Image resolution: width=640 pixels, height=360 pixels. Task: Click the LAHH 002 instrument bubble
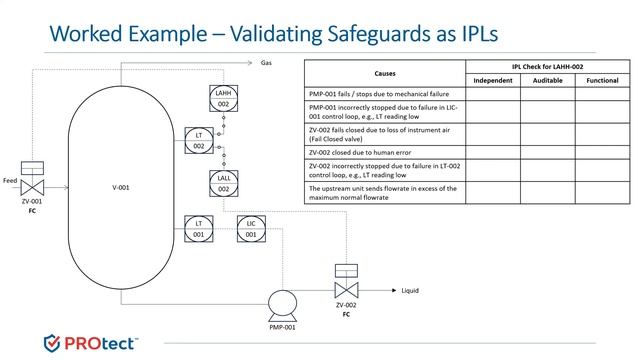pyautogui.click(x=224, y=97)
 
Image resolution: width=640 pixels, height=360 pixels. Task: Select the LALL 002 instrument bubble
pyautogui.click(x=224, y=182)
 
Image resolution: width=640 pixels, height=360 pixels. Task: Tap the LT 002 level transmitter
pyautogui.click(x=199, y=140)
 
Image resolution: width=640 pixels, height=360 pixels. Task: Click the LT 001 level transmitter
pyautogui.click(x=199, y=227)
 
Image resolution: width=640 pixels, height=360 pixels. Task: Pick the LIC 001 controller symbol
pyautogui.click(x=251, y=227)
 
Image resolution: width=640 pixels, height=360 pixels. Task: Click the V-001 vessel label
pyautogui.click(x=123, y=187)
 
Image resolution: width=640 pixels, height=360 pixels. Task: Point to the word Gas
pyautogui.click(x=266, y=62)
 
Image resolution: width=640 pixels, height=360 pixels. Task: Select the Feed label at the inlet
pyautogui.click(x=11, y=181)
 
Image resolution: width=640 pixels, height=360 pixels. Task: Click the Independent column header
pyautogui.click(x=493, y=80)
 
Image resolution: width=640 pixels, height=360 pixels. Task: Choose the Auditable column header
pyautogui.click(x=547, y=80)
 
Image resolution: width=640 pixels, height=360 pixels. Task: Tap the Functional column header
pyautogui.click(x=602, y=80)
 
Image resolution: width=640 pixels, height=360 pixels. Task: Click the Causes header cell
pyautogui.click(x=385, y=73)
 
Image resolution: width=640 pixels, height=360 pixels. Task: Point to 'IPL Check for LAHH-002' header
pyautogui.click(x=547, y=66)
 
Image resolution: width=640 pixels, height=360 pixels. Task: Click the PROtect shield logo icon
pyautogui.click(x=54, y=343)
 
